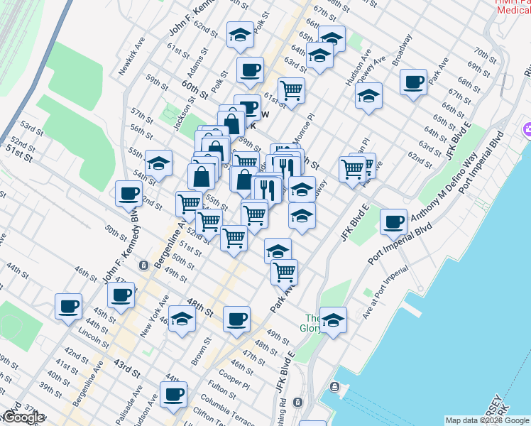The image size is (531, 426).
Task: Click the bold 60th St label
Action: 195,89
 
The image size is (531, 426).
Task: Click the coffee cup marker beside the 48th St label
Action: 236,319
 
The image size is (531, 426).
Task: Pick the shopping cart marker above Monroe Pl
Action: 291,90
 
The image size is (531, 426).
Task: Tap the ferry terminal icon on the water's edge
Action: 334,388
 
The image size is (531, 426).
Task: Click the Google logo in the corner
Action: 23,417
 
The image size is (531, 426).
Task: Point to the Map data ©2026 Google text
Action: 487,420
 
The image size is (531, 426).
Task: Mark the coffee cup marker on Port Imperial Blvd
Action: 393,221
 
